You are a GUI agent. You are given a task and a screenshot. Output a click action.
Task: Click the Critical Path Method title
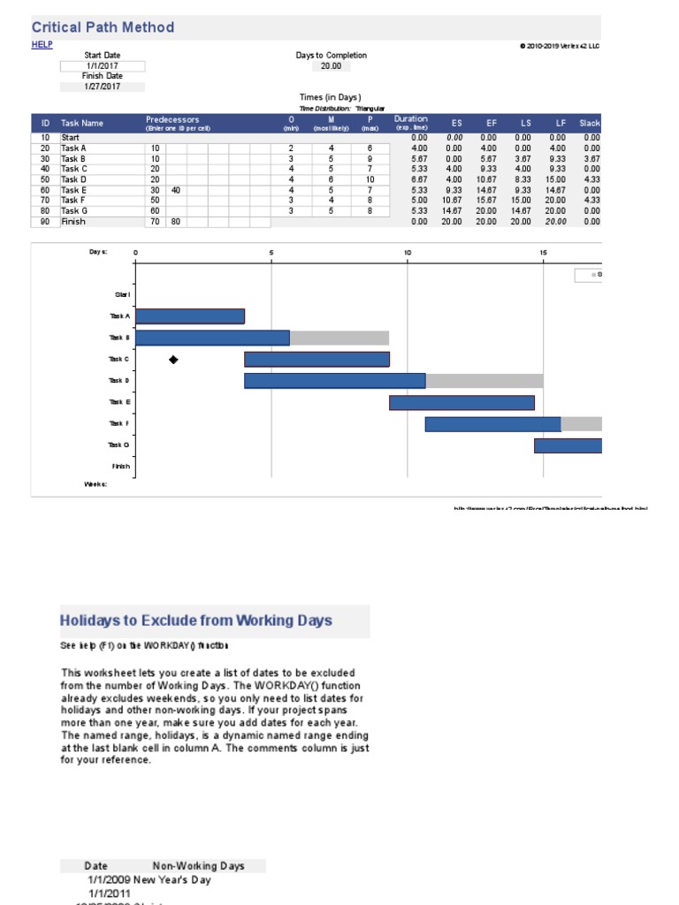tap(103, 27)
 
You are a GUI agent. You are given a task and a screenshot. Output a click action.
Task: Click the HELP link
tap(42, 45)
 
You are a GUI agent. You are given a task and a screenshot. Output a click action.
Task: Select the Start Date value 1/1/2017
tap(102, 65)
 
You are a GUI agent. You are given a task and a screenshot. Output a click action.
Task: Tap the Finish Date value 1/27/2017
tap(102, 87)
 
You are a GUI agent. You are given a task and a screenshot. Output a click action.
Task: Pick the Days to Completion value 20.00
tap(331, 65)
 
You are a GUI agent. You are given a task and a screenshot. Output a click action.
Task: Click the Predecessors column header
tap(173, 119)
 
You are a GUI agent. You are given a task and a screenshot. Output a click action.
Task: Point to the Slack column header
tap(590, 123)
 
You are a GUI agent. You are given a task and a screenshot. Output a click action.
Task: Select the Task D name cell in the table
tap(74, 179)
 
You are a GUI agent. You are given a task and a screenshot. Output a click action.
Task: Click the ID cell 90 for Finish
tap(44, 222)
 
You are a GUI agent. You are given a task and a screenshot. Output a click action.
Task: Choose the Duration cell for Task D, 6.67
tap(419, 179)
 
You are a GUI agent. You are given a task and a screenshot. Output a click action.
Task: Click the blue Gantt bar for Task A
tap(190, 316)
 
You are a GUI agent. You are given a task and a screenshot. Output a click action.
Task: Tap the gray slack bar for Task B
tap(339, 338)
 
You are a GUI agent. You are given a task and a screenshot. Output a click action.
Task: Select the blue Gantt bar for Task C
tap(317, 359)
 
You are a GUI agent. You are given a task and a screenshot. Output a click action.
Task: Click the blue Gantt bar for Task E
tap(462, 402)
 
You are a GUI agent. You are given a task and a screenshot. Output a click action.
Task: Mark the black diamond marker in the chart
tap(173, 360)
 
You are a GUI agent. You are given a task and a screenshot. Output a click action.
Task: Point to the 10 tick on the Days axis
tap(408, 253)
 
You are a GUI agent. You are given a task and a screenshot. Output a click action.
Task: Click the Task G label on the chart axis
tap(118, 445)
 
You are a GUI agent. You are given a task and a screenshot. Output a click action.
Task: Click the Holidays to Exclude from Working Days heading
tap(196, 620)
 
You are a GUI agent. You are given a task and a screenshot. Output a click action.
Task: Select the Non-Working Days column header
tap(198, 866)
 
